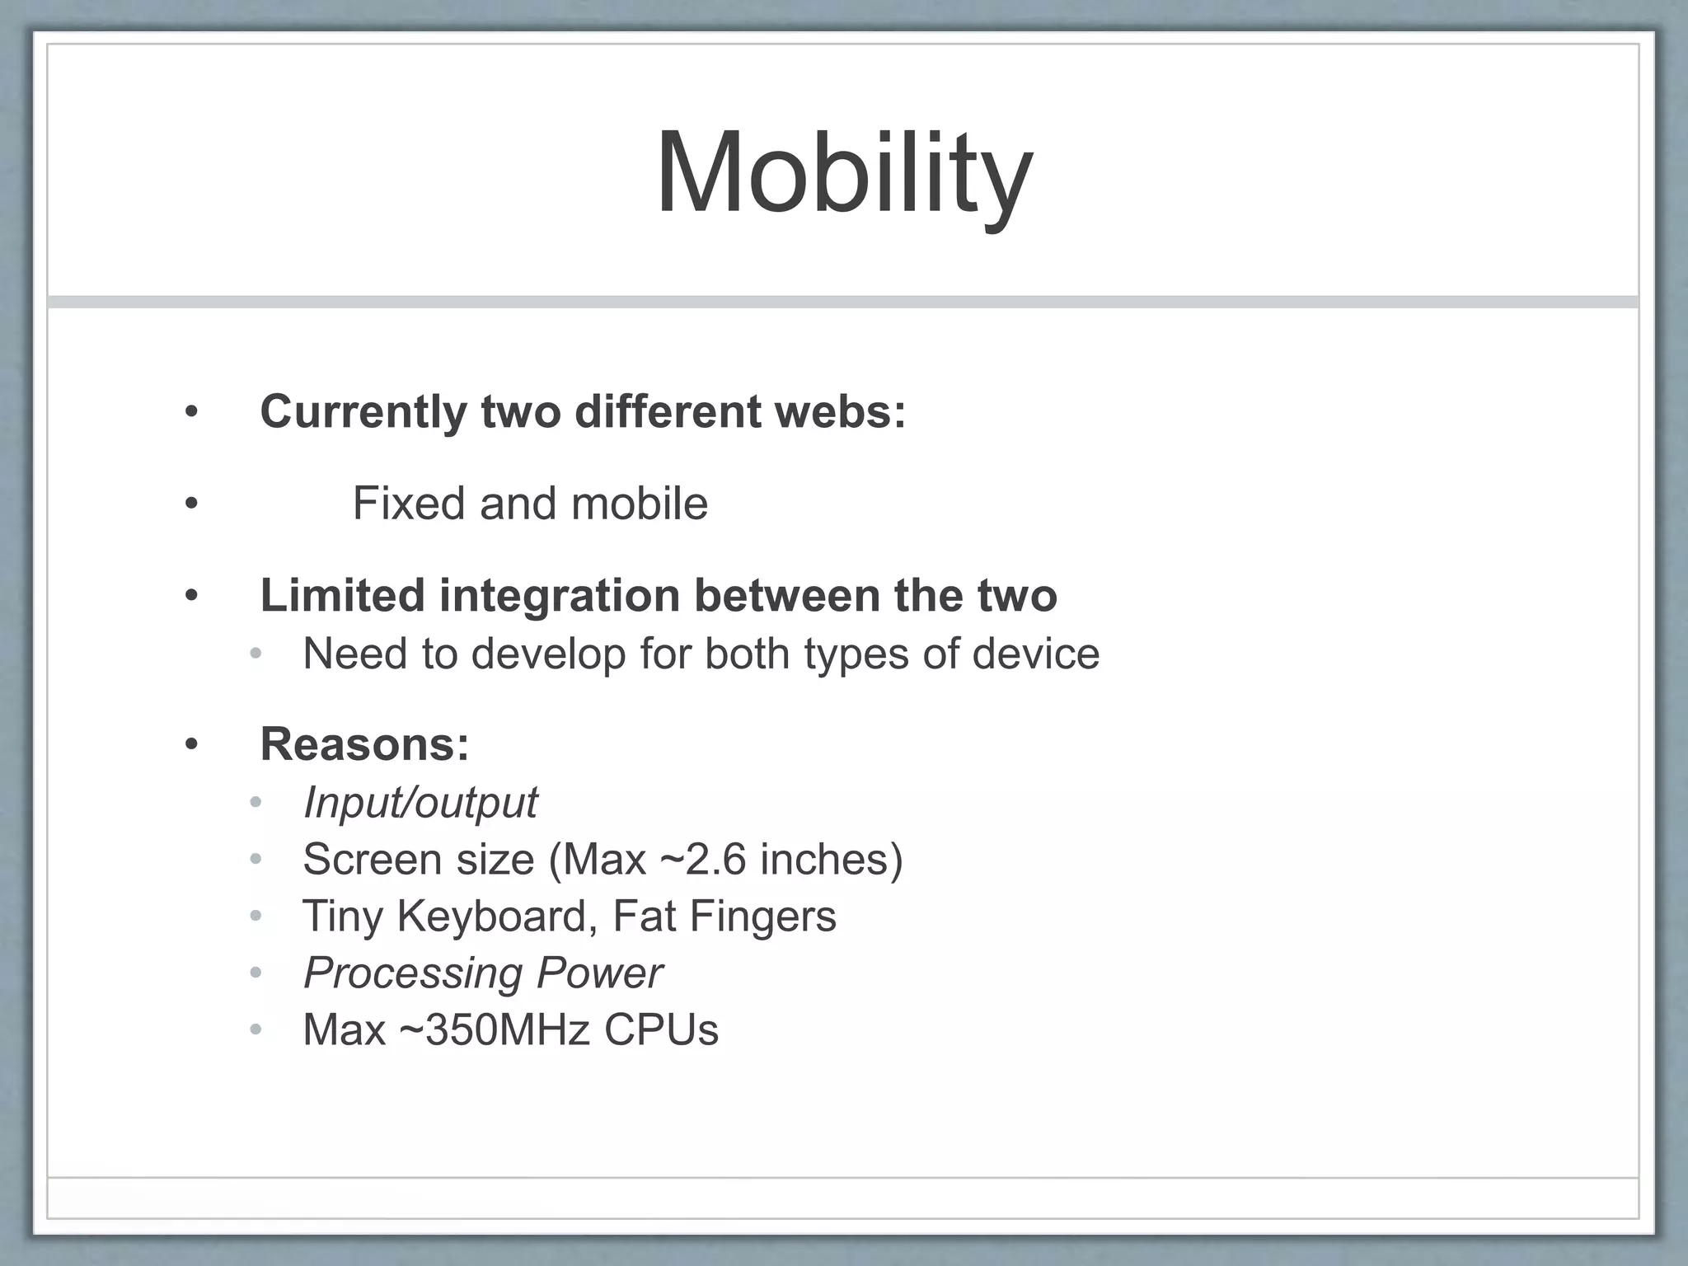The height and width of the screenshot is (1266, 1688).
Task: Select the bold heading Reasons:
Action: pyautogui.click(x=364, y=743)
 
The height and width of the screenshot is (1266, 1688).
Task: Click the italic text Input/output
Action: pyautogui.click(x=420, y=802)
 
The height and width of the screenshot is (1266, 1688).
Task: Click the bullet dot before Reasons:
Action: pyautogui.click(x=192, y=745)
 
